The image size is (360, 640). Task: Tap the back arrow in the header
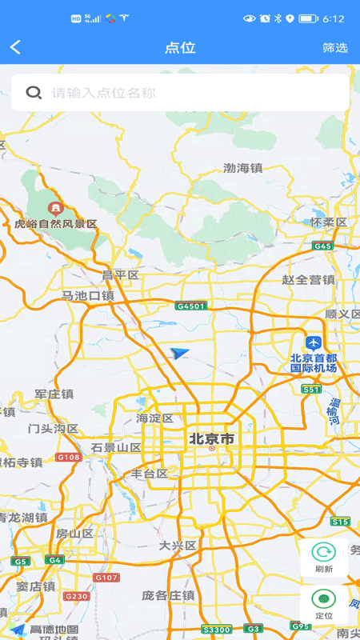click(15, 48)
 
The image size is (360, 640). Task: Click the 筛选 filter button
click(335, 48)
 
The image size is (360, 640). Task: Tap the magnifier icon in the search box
click(34, 93)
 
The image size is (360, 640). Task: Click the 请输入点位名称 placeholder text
click(104, 93)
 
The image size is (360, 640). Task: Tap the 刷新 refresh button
click(324, 558)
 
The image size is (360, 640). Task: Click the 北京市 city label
click(212, 439)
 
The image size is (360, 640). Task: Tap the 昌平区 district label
click(120, 275)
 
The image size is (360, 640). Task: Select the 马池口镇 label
click(88, 296)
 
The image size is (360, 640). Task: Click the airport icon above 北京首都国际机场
click(313, 342)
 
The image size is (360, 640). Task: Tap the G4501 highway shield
click(191, 306)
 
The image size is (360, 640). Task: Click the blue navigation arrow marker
click(181, 353)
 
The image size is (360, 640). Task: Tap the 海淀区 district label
click(154, 418)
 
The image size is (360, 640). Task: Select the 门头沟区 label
click(53, 429)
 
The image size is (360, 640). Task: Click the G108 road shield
click(68, 457)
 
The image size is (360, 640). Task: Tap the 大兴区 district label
click(177, 546)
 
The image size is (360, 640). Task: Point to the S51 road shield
click(311, 389)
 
